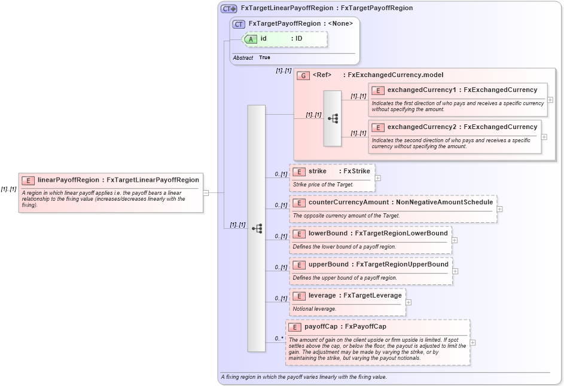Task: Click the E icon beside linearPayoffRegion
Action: click(x=28, y=180)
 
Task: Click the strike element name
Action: click(x=318, y=171)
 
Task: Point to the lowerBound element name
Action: click(x=327, y=234)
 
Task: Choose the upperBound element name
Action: click(x=328, y=265)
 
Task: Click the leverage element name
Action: click(x=322, y=295)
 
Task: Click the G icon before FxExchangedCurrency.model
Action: click(x=304, y=75)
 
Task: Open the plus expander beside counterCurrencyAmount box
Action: click(x=499, y=209)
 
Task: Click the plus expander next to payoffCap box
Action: click(x=472, y=342)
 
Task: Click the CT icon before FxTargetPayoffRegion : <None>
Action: click(x=239, y=24)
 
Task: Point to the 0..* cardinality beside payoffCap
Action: click(x=279, y=339)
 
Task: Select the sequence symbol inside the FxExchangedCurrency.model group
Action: click(x=333, y=118)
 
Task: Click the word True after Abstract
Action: click(x=264, y=58)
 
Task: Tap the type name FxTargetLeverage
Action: click(x=372, y=295)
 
